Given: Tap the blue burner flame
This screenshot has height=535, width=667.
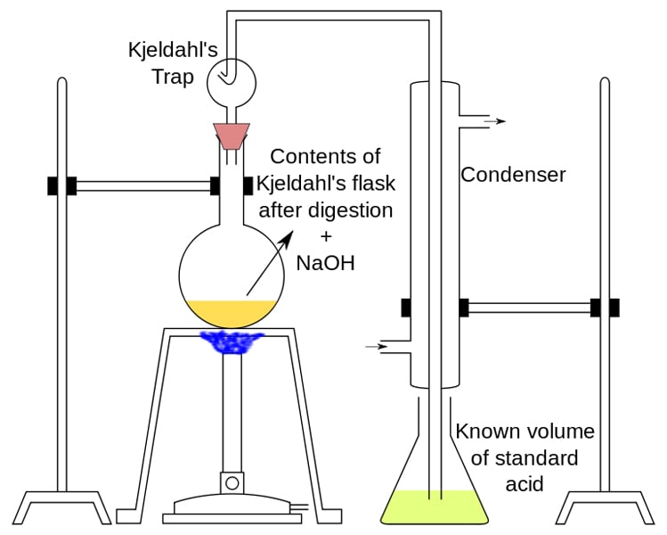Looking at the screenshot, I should tap(231, 342).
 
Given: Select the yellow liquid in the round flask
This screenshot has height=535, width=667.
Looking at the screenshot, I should tap(231, 312).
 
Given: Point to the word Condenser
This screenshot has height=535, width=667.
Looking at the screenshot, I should tap(513, 175).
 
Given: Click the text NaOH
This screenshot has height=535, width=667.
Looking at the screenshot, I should tap(325, 262).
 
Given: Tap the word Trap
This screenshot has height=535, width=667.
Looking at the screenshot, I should tap(173, 78).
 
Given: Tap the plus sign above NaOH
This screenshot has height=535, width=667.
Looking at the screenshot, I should tap(325, 237).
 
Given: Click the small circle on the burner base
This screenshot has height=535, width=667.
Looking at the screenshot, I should tap(232, 483).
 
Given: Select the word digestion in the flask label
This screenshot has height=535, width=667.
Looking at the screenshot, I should tap(351, 211).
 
